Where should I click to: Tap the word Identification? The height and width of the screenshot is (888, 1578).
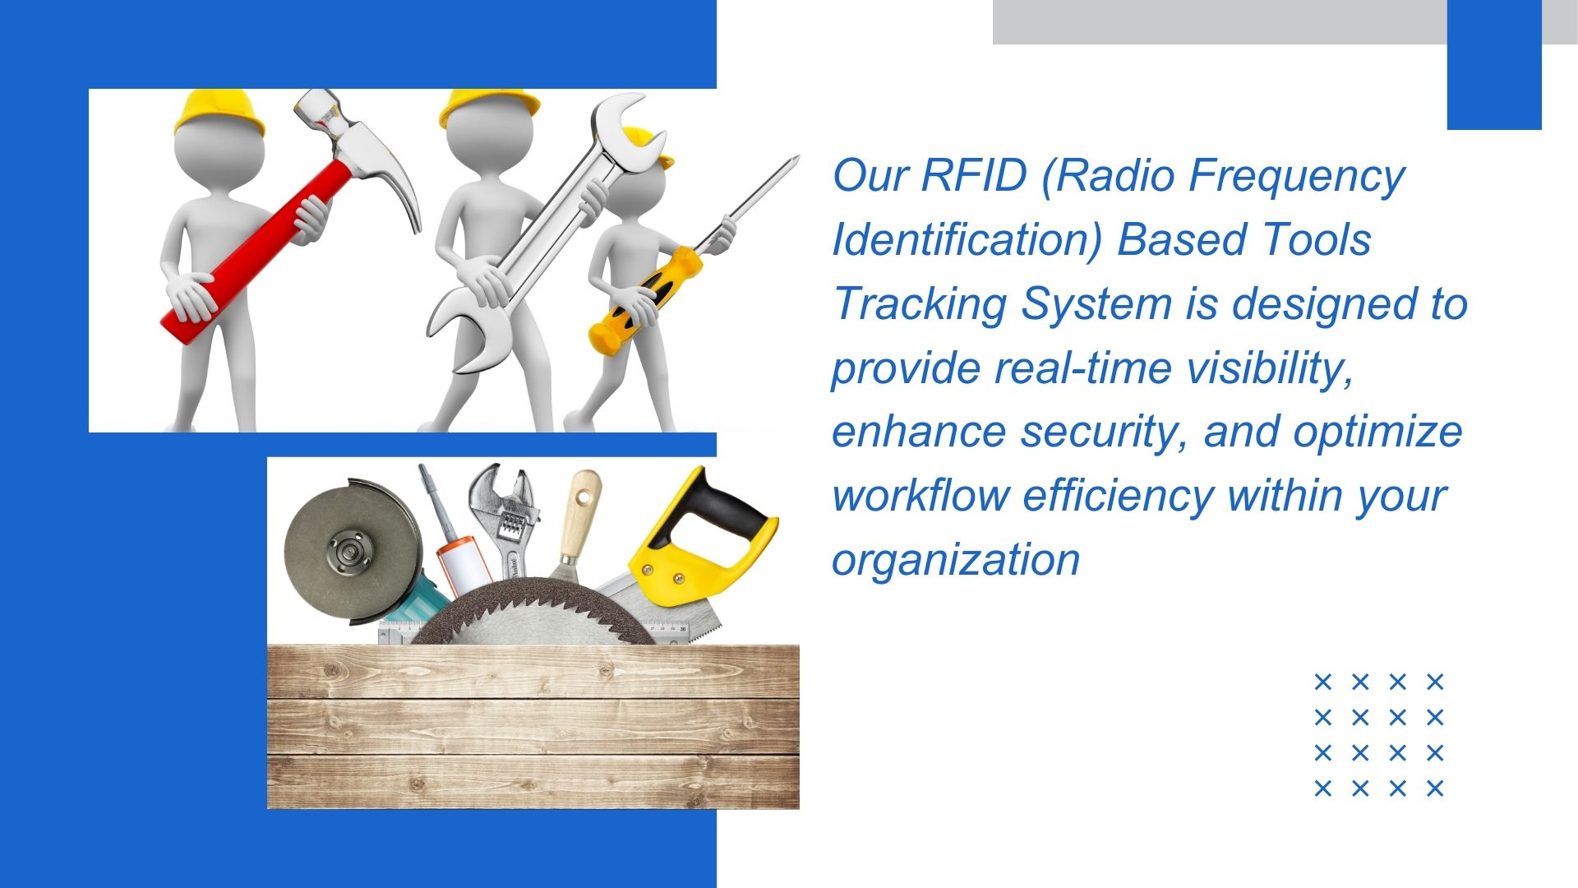pyautogui.click(x=967, y=239)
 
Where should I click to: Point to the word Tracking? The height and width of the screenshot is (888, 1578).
pyautogui.click(x=920, y=303)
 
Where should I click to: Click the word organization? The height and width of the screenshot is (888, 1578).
pyautogui.click(x=955, y=560)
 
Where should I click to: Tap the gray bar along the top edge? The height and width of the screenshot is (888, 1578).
pyautogui.click(x=1216, y=21)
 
